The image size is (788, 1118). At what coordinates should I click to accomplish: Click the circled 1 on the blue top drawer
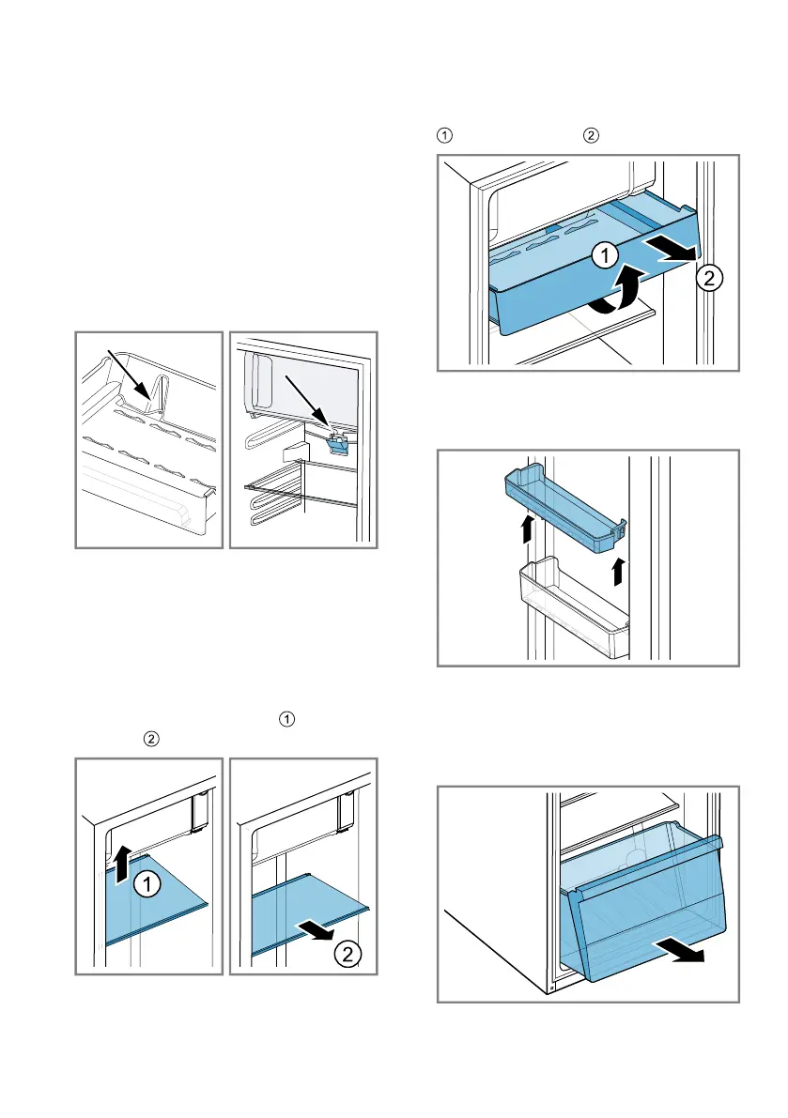tap(606, 254)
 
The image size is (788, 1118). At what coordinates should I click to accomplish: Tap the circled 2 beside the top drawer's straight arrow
tap(709, 277)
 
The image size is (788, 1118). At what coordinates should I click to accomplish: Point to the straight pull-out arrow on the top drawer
tap(671, 251)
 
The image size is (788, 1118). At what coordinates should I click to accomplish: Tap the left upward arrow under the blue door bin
tap(527, 528)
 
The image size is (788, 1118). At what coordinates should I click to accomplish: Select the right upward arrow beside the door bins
tap(618, 572)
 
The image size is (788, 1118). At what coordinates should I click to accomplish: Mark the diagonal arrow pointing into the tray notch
tap(129, 375)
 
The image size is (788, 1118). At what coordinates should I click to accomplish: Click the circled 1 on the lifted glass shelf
tap(147, 885)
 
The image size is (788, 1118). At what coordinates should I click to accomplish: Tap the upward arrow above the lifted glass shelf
tap(123, 862)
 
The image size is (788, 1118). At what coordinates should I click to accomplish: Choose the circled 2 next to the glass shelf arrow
tap(348, 954)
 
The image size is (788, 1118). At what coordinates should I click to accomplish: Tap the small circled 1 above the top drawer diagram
tap(444, 135)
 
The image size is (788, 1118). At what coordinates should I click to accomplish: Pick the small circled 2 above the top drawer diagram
tap(591, 135)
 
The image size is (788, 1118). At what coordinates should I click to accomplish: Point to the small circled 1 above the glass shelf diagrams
tap(286, 719)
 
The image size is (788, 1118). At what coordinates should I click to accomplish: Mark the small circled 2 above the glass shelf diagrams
tap(151, 740)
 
